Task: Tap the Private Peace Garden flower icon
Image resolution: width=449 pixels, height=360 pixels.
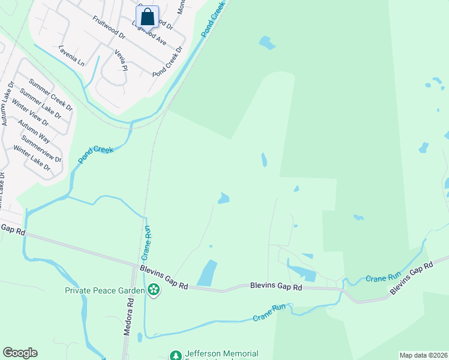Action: coord(154,290)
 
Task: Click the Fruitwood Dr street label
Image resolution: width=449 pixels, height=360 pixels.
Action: coord(109,27)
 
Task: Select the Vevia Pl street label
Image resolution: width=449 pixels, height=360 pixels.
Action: coord(121,59)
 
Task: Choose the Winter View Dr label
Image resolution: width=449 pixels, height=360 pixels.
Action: coord(31,112)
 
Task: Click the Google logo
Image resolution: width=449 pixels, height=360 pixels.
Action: coord(20,353)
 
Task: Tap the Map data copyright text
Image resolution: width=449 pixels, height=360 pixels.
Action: coord(424,355)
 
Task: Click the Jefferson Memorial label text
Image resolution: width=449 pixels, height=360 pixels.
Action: coord(221,354)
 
